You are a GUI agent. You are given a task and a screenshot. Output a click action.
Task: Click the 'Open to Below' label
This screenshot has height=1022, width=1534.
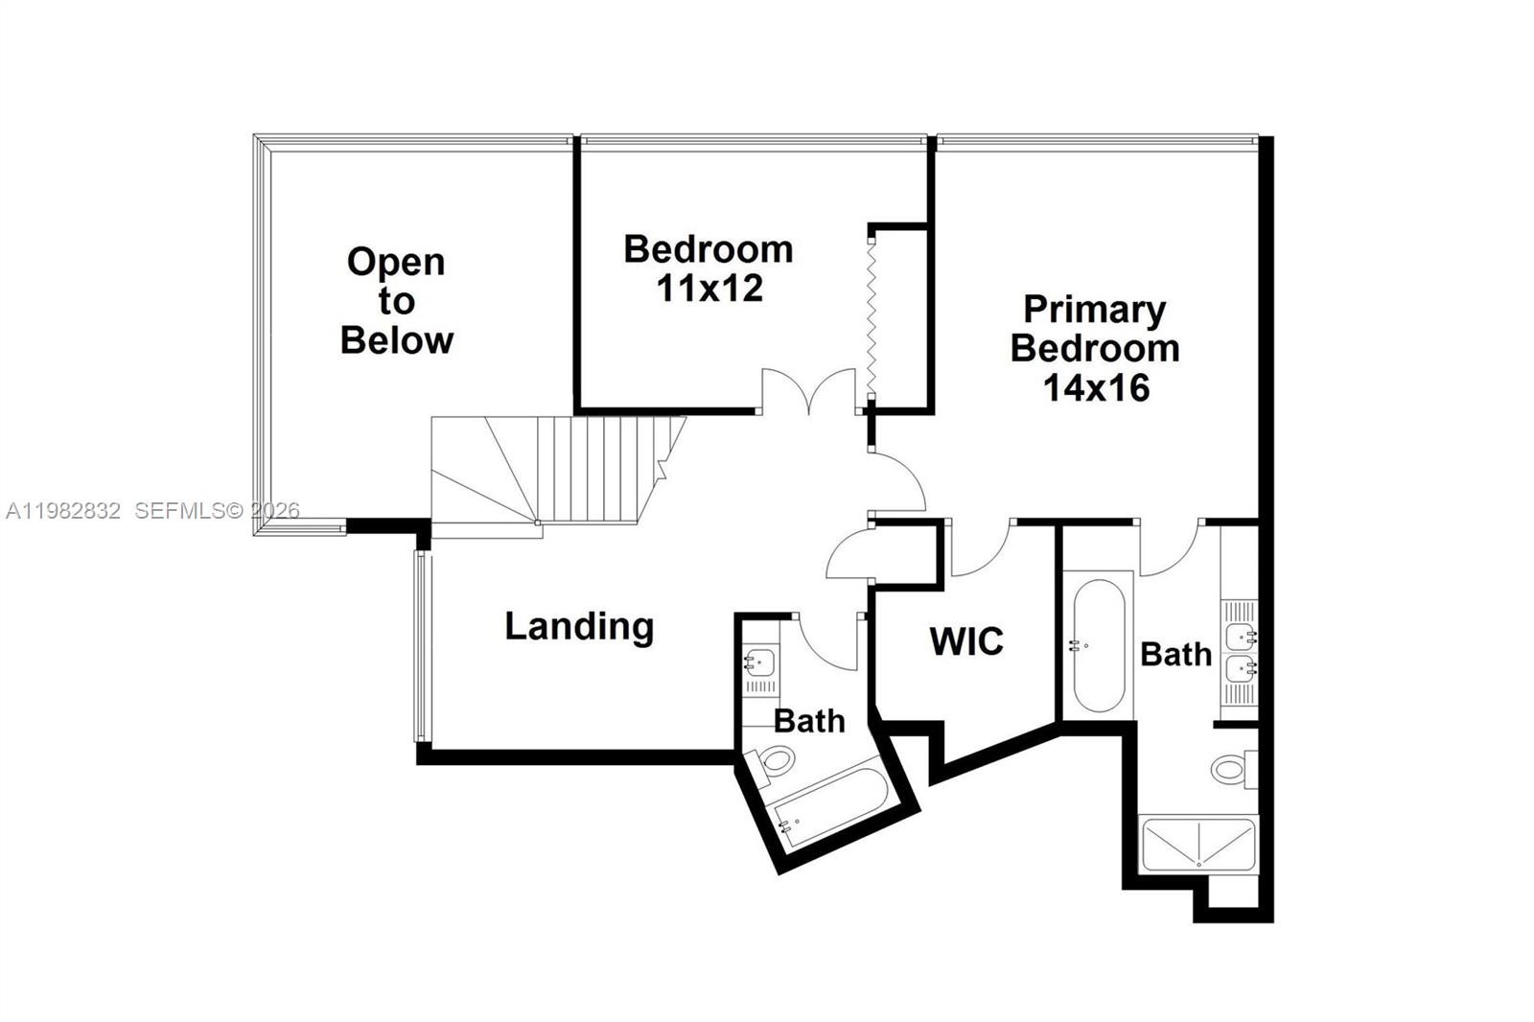point(396,301)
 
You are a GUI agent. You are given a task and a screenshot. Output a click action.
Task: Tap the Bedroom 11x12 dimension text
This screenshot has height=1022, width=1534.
point(709,288)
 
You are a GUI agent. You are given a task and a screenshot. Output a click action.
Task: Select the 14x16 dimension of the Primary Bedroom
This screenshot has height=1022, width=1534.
point(1096,387)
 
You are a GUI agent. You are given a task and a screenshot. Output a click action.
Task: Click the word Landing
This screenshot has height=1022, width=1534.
point(579,626)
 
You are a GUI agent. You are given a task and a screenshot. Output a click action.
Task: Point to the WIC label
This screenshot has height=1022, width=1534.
point(966,641)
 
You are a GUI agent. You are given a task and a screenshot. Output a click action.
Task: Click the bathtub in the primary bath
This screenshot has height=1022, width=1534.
point(1098,644)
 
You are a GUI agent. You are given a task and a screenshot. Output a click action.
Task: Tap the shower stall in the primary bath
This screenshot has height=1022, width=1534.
point(1197,844)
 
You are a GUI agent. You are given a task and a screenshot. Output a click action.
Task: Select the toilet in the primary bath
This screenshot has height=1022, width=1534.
point(1230,768)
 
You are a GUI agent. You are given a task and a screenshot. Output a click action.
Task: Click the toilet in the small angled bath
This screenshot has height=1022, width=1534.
point(775,763)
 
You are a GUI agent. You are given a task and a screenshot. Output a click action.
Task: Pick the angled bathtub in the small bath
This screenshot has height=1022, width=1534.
point(829,805)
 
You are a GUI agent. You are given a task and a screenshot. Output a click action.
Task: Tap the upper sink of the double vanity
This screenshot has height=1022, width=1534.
point(1241,634)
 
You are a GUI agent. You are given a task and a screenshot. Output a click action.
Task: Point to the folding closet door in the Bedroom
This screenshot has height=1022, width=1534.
point(871,316)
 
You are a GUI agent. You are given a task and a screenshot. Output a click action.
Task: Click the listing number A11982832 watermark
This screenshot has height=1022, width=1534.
point(63,511)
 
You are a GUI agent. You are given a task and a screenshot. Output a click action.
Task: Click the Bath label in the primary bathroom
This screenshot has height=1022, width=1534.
point(1175,655)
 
